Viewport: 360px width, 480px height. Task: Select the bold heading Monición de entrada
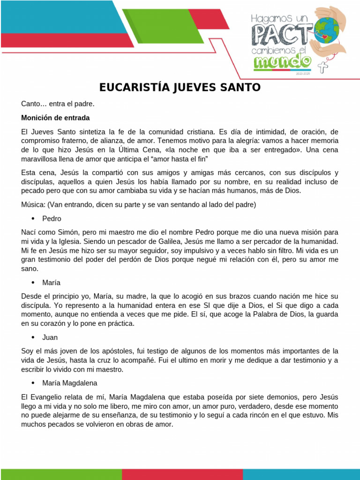55,117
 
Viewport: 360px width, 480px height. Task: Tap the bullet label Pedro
52,218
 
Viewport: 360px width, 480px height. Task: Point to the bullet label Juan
50,337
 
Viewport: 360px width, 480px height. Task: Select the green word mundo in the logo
282,61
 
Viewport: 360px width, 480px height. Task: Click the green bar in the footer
61,474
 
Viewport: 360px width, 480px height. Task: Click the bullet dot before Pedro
33,218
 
